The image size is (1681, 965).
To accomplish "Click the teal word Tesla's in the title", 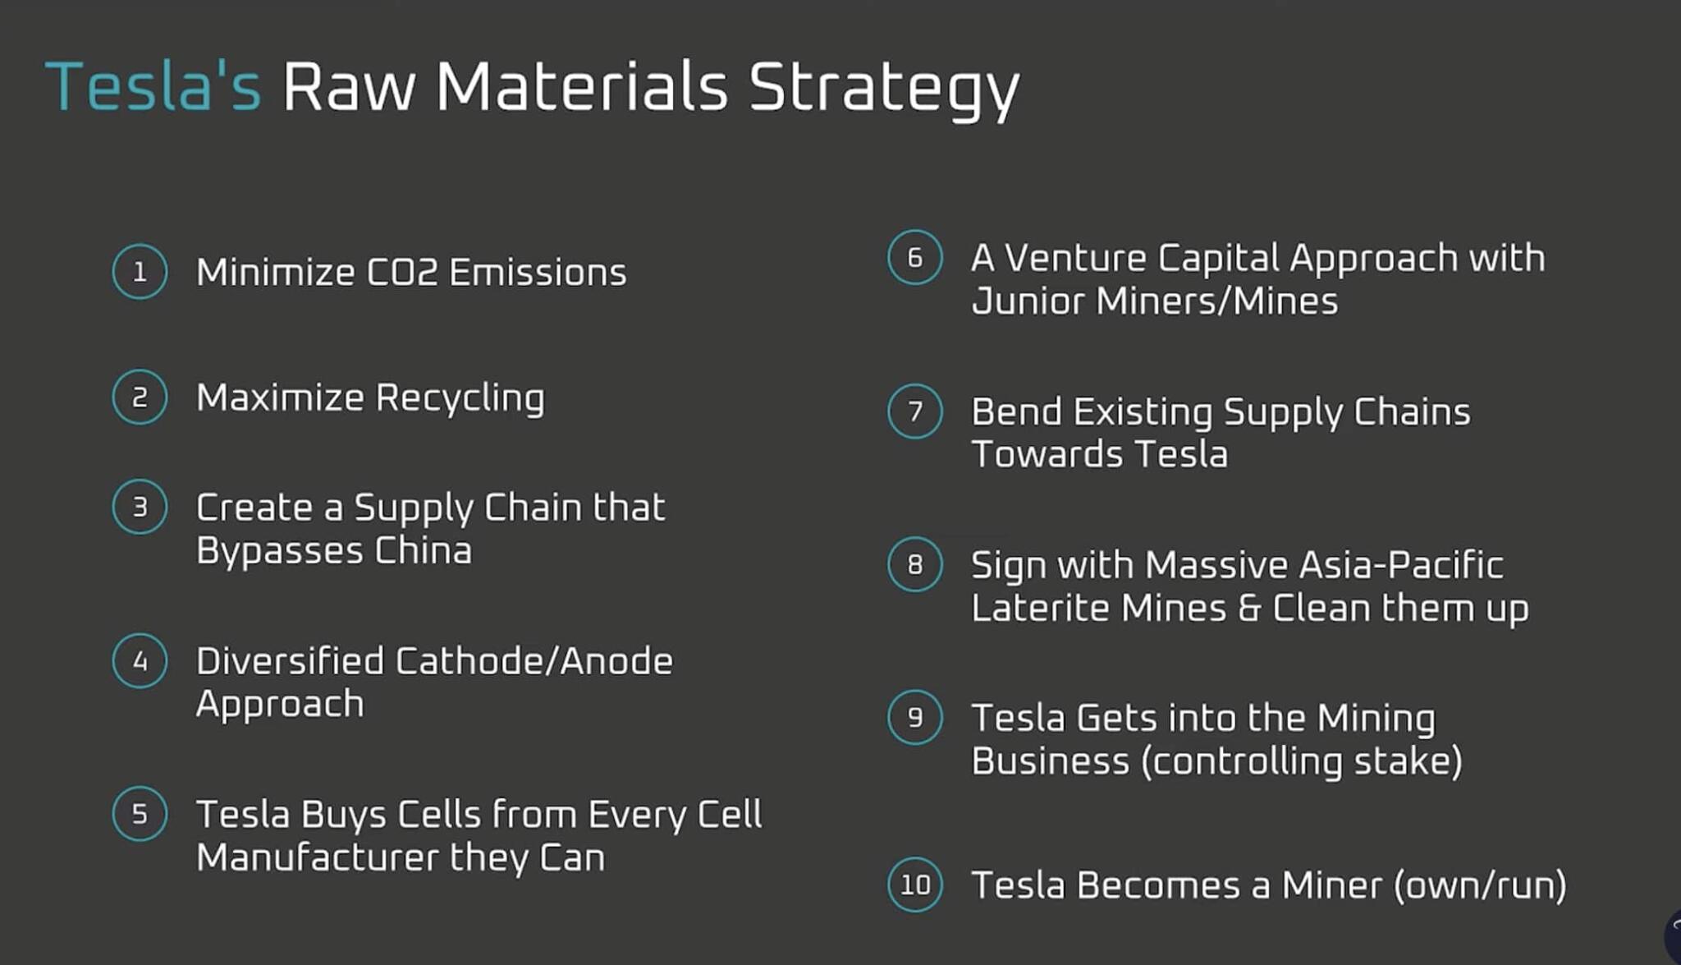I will [x=153, y=86].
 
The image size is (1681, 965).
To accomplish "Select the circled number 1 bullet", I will [x=140, y=272].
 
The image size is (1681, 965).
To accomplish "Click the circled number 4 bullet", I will [x=140, y=661].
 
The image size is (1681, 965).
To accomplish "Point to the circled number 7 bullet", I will [x=914, y=411].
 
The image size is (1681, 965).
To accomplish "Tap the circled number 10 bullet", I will [x=914, y=885].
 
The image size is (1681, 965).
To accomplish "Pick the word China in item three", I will [x=423, y=550].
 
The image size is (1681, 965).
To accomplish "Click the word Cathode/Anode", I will [x=534, y=661].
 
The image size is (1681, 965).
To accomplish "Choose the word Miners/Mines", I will [x=1216, y=301].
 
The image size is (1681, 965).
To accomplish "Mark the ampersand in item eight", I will [x=1249, y=609].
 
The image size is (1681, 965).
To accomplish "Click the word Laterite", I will [x=1039, y=609].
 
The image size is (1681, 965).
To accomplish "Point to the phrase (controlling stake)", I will [x=1302, y=761].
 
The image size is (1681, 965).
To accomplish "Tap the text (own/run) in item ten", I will [x=1480, y=885].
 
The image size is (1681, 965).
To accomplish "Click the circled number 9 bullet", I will [x=914, y=718].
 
